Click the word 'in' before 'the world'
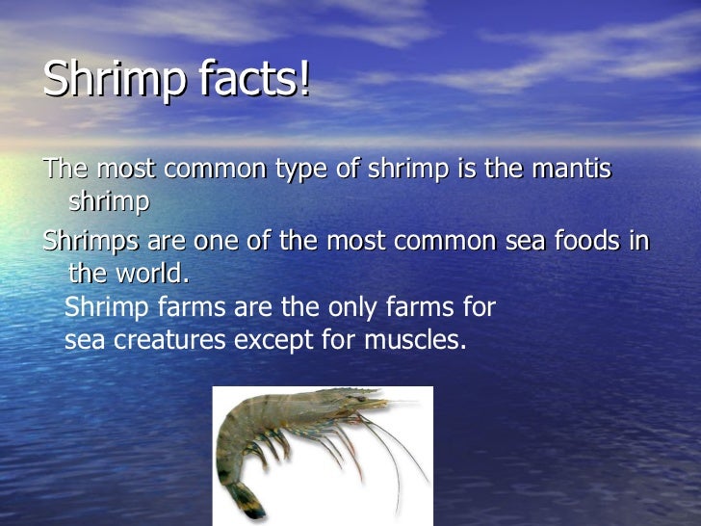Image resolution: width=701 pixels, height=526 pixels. click(639, 240)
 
